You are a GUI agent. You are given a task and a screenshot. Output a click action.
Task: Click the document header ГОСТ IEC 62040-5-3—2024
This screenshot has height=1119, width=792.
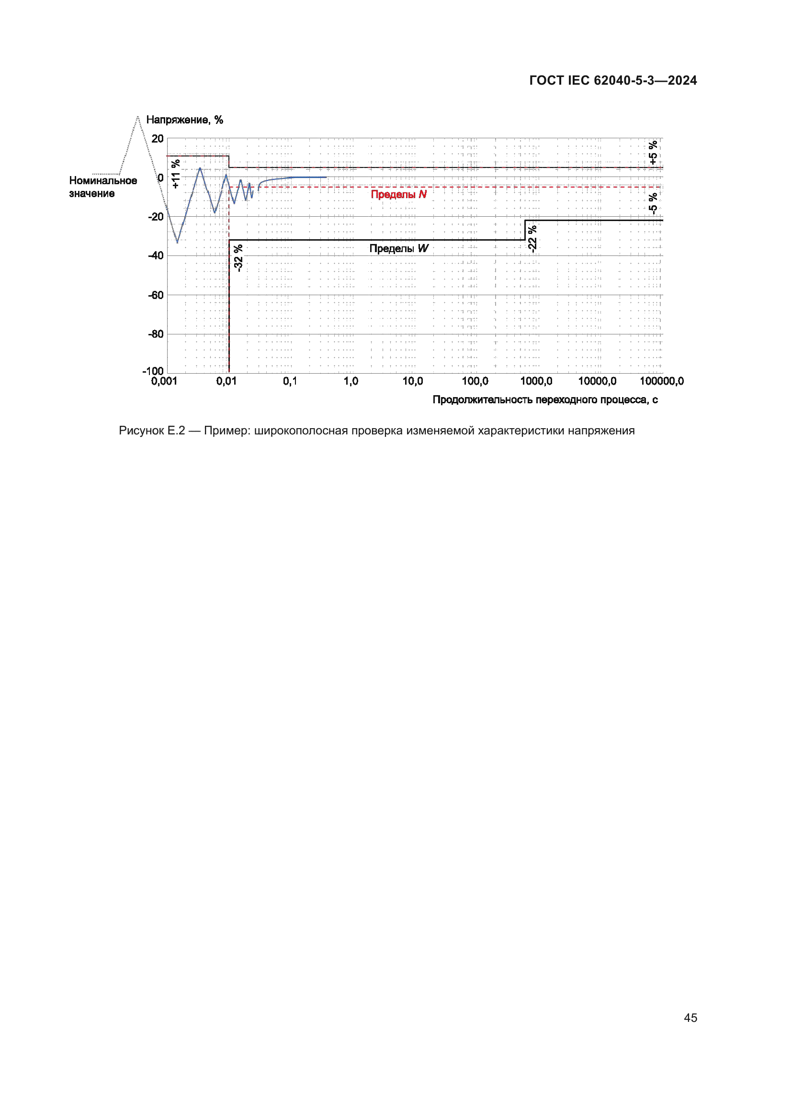(612, 80)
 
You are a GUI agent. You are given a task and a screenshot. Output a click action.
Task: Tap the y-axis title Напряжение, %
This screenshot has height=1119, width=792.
(184, 120)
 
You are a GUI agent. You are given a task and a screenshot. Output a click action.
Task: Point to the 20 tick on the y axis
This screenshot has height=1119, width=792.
(158, 139)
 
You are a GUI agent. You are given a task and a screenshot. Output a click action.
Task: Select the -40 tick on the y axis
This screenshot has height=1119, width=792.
(156, 256)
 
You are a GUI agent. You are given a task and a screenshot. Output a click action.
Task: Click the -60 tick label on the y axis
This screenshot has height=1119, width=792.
(156, 295)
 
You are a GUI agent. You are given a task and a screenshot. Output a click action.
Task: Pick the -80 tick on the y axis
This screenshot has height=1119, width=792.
(156, 334)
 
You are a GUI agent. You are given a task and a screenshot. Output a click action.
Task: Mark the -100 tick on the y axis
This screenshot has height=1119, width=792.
(153, 371)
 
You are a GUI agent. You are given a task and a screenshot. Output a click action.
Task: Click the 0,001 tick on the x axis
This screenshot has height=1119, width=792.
(164, 381)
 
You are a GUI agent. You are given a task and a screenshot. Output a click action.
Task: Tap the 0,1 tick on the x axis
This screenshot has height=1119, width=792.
(290, 381)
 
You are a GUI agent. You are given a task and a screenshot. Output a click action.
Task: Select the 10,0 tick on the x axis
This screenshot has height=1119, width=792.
(413, 381)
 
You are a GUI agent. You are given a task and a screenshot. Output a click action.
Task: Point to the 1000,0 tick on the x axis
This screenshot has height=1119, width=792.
(536, 381)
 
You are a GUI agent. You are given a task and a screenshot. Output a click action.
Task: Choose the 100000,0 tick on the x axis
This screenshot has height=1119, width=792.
(661, 381)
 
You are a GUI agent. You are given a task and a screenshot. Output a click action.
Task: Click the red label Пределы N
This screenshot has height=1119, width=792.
(398, 194)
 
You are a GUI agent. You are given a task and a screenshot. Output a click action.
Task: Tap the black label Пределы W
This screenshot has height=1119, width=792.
(398, 249)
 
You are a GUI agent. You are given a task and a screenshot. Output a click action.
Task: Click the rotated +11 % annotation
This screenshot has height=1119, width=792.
(176, 174)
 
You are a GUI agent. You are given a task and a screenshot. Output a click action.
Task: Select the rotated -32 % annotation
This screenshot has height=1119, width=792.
(238, 258)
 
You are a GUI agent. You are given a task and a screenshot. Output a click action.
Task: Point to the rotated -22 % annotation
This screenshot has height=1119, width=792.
(532, 238)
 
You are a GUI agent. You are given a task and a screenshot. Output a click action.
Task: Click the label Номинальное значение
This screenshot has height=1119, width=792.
(102, 187)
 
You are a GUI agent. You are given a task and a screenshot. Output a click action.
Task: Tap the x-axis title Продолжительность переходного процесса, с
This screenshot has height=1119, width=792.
(545, 400)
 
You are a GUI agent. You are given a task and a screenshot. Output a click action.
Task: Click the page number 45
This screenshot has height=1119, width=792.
(690, 1018)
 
